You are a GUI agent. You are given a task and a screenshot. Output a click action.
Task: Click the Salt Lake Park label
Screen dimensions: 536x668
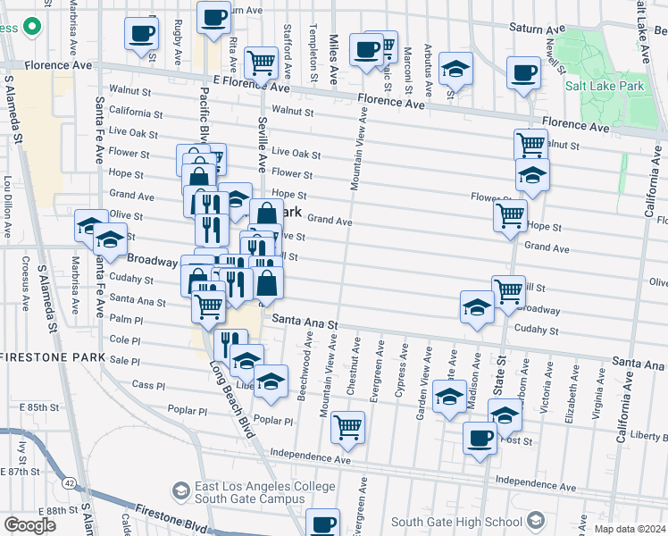pyautogui.click(x=605, y=87)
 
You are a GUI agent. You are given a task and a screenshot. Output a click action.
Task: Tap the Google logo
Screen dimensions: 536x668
pyautogui.click(x=29, y=524)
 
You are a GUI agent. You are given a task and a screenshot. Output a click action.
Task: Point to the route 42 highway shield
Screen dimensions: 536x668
pyautogui.click(x=68, y=482)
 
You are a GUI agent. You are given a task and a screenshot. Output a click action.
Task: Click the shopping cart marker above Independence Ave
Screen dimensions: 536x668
pyautogui.click(x=347, y=426)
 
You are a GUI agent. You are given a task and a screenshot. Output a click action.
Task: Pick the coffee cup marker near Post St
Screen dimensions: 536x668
pyautogui.click(x=480, y=439)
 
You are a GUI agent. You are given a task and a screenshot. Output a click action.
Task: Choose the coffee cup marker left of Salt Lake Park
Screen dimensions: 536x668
pyautogui.click(x=523, y=73)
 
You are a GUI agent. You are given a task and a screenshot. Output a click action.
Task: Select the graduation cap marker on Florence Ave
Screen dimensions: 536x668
pyautogui.click(x=455, y=69)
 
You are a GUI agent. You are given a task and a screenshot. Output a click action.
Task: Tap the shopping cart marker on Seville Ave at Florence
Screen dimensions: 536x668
pyautogui.click(x=261, y=63)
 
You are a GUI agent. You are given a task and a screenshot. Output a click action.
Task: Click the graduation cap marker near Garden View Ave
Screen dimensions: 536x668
pyautogui.click(x=449, y=396)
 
